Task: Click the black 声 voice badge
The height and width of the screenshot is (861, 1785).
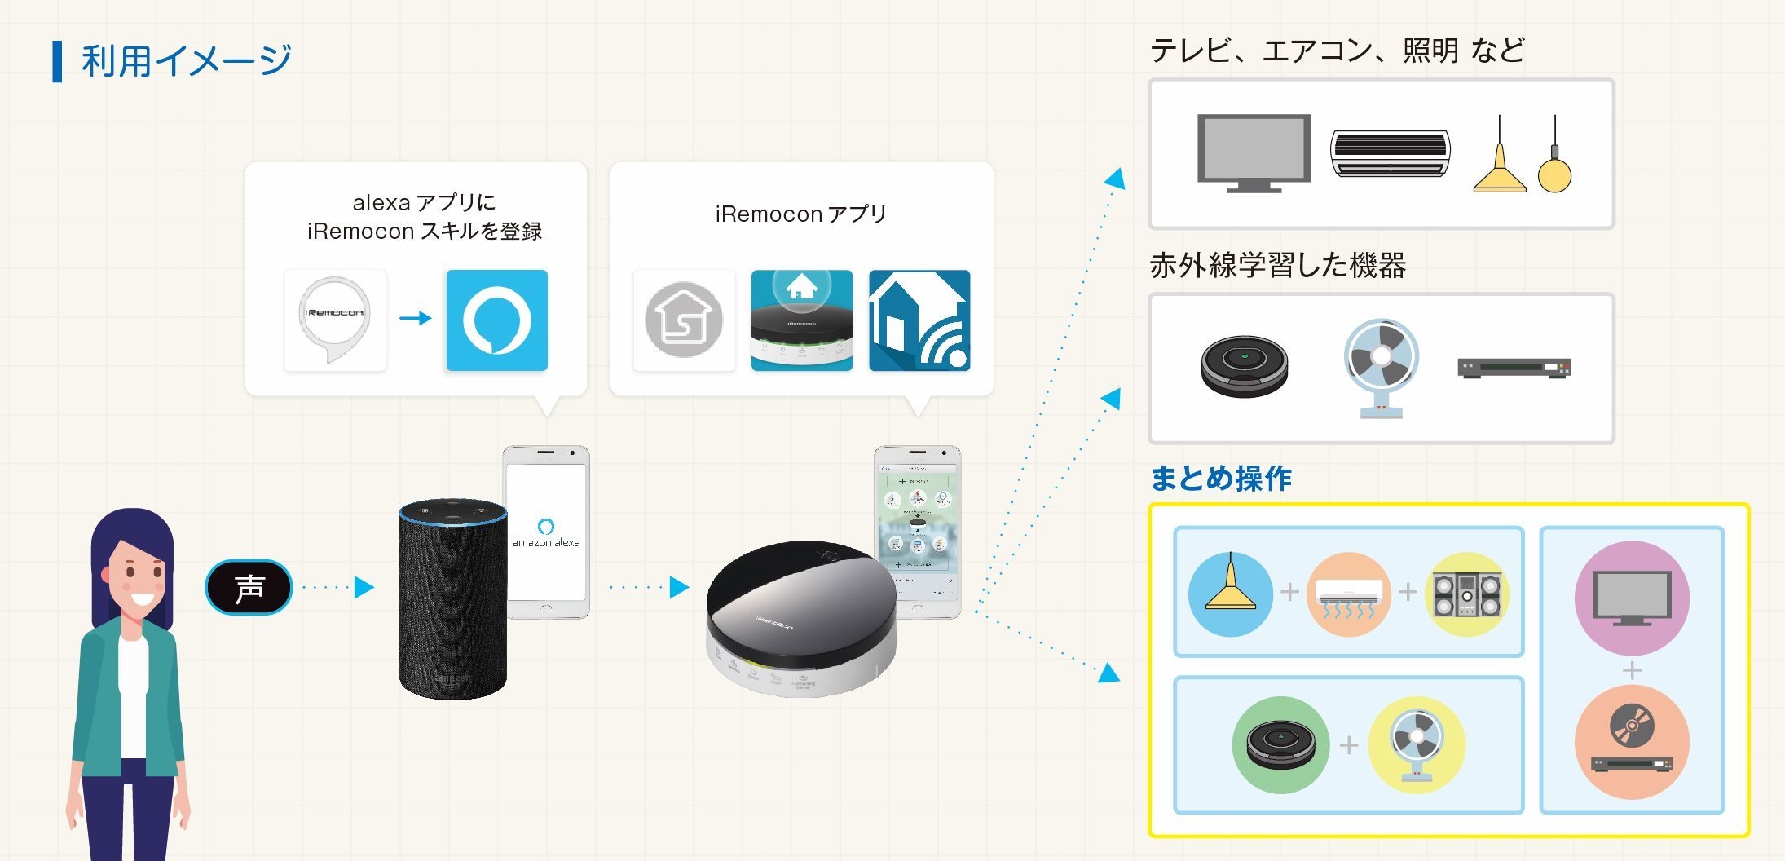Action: pos(249,587)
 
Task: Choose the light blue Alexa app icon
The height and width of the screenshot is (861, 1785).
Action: pos(496,320)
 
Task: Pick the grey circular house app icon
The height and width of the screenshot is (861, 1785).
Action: pos(684,320)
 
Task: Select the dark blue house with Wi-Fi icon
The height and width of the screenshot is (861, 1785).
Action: pos(919,320)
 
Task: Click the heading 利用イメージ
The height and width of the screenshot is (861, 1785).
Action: pos(186,60)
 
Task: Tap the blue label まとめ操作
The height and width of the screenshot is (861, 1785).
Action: pos(1220,479)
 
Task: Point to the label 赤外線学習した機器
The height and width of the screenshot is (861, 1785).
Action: pos(1277,265)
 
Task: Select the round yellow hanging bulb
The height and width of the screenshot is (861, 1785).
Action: pos(1554,174)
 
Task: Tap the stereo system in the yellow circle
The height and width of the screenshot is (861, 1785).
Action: pos(1466,594)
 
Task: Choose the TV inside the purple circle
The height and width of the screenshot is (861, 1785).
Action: pos(1632,598)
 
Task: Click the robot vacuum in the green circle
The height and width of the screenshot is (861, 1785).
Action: pos(1280,744)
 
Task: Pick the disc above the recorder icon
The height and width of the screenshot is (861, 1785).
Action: pos(1632,725)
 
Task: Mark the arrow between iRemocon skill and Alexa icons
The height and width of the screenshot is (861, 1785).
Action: pos(416,318)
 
